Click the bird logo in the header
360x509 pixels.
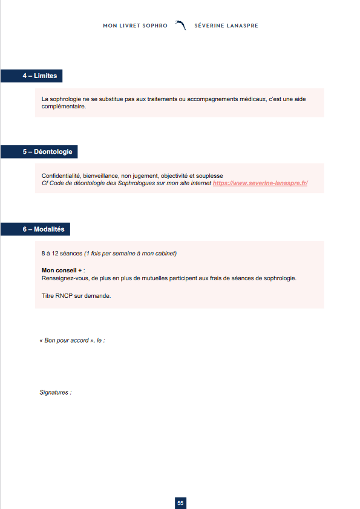coord(180,25)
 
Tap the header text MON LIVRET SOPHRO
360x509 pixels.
coord(135,26)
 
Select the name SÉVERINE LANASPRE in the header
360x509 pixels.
coord(226,26)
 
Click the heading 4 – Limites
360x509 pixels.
coord(39,76)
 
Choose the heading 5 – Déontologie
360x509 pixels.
coord(47,152)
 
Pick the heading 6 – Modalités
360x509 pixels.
coord(43,229)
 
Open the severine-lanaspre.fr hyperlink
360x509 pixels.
coord(260,183)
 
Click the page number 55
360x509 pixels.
coord(180,503)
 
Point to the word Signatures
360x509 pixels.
coord(54,393)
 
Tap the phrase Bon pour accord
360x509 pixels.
coord(67,341)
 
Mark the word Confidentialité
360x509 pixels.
coord(61,176)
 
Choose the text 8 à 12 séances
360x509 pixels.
coord(62,252)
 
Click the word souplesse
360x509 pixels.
coord(210,176)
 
